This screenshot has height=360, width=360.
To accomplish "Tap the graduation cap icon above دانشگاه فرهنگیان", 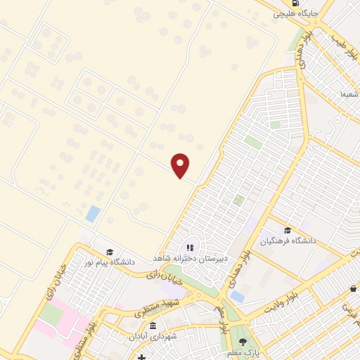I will click(288, 230).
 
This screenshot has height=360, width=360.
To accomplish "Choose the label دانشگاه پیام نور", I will click(109, 262).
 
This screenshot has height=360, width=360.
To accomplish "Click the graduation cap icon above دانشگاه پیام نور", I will click(109, 252).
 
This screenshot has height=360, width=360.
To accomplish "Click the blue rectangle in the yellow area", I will click(92, 213).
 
